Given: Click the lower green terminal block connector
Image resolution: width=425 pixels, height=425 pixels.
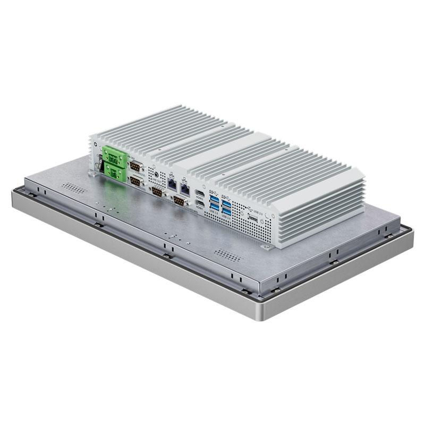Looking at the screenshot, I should coord(113,170).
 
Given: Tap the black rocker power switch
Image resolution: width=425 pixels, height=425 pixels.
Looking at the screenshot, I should coord(98,161).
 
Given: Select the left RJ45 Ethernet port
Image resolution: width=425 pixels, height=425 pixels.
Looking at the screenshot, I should coord(173,184).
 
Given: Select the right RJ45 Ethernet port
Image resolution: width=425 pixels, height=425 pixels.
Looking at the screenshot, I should coord(185,188).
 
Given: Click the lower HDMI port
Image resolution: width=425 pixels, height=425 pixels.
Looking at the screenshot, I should coord(200,203).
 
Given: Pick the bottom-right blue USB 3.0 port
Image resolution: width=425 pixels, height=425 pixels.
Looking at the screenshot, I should coord(227,214).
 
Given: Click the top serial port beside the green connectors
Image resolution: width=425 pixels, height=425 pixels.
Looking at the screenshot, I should coord(135,166).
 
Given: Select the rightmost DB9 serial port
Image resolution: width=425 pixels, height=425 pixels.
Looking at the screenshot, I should coord(178,201).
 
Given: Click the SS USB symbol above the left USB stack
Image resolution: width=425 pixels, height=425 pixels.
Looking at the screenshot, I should coord(214,191).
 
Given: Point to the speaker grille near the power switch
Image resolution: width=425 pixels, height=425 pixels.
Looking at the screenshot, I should coord(74,187).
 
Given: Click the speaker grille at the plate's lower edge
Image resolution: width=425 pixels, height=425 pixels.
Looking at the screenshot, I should coord(228,254).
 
